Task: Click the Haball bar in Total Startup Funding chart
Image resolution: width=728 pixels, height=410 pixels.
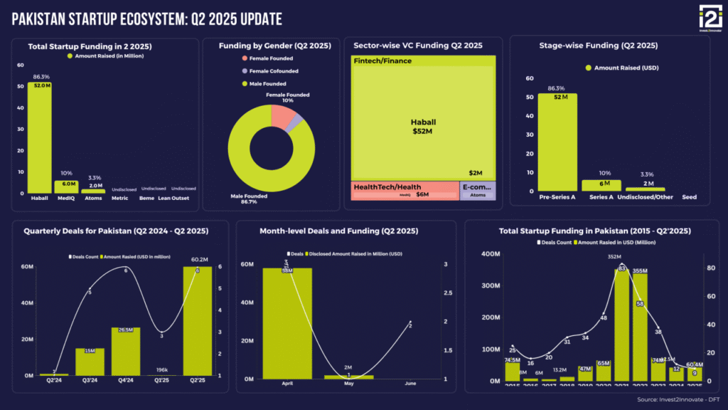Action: [39, 139]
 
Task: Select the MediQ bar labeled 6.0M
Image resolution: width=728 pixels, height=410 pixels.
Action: [66, 186]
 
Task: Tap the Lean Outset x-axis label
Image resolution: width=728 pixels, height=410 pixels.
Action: [173, 198]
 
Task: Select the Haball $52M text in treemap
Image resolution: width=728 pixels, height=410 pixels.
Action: [422, 126]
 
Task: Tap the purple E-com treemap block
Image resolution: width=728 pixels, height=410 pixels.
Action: [478, 190]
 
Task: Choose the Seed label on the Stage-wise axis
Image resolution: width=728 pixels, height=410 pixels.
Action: [689, 197]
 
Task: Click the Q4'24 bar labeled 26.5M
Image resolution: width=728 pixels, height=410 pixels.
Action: [125, 352]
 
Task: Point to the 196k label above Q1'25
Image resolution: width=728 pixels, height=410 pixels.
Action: [161, 369]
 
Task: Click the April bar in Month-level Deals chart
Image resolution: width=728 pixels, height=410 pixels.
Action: [287, 324]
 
